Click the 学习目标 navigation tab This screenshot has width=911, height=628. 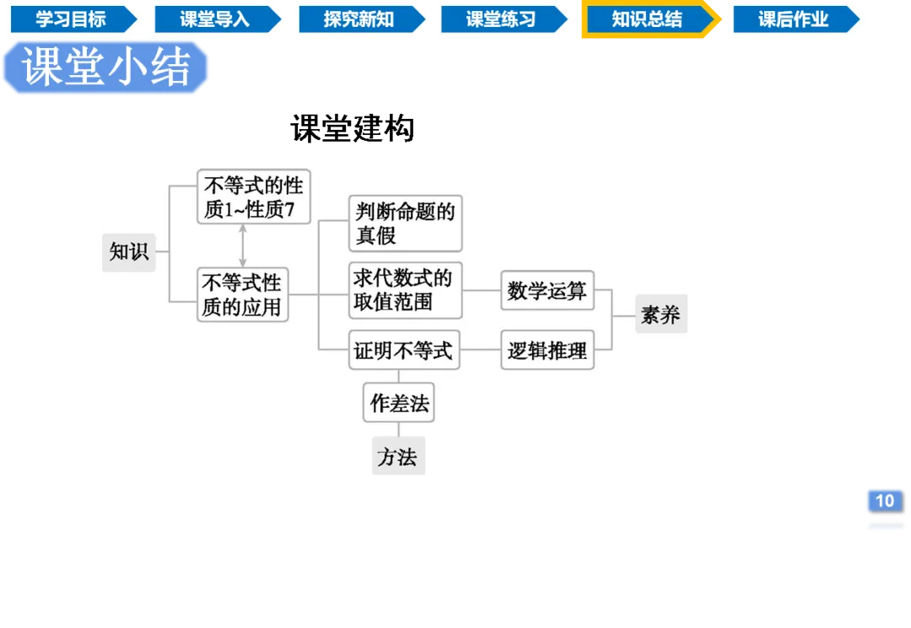pyautogui.click(x=71, y=19)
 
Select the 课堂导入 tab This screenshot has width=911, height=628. pyautogui.click(x=214, y=19)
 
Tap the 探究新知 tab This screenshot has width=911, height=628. pyautogui.click(x=358, y=19)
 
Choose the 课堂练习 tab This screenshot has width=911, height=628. pyautogui.click(x=501, y=19)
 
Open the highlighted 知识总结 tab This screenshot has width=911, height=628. pyautogui.click(x=647, y=19)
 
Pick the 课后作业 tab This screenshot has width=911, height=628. pyautogui.click(x=793, y=19)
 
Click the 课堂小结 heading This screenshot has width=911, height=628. pyautogui.click(x=106, y=67)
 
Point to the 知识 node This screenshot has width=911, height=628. pyautogui.click(x=129, y=251)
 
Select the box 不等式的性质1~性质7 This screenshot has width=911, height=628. pyautogui.click(x=254, y=196)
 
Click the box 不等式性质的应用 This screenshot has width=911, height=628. pyautogui.click(x=242, y=294)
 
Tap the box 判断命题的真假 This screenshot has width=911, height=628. pyautogui.click(x=405, y=223)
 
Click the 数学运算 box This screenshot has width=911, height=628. pyautogui.click(x=547, y=291)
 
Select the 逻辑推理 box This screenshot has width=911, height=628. pyautogui.click(x=547, y=350)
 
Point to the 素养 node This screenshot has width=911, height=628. pyautogui.click(x=660, y=316)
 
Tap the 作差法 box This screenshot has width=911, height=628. pyautogui.click(x=400, y=404)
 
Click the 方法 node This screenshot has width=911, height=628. pyautogui.click(x=397, y=458)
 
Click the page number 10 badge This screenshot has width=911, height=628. pyautogui.click(x=884, y=501)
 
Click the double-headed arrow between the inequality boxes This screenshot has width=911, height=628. pyautogui.click(x=243, y=246)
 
